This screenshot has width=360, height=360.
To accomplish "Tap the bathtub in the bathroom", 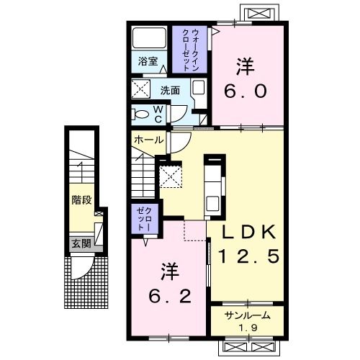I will (x=150, y=38).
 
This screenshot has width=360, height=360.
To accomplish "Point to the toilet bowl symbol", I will (x=142, y=113).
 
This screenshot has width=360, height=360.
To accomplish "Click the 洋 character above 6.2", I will (x=170, y=272).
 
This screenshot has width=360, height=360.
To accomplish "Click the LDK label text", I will (x=248, y=232).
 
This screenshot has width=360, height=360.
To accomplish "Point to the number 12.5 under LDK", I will (x=248, y=256).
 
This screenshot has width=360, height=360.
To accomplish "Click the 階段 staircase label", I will (x=81, y=199).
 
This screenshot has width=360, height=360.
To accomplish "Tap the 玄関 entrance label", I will (x=81, y=243).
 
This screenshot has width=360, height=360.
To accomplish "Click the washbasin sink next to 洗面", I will (x=199, y=90).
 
